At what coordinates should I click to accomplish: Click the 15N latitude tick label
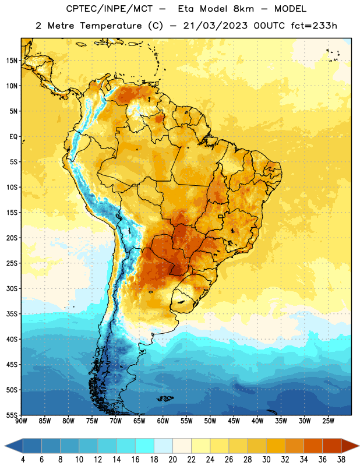[x=12, y=61]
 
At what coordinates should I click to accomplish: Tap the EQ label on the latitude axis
[x=13, y=137]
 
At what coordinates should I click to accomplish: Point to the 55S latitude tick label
[x=12, y=415]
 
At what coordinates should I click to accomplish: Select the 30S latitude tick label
[x=12, y=288]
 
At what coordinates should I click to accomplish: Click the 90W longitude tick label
[x=21, y=421]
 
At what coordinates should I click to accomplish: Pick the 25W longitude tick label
[x=328, y=421]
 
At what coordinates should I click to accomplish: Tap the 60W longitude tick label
[x=163, y=421]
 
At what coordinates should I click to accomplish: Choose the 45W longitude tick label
[x=234, y=421]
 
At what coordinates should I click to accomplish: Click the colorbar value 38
[x=341, y=460]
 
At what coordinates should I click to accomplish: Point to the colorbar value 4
[x=23, y=460]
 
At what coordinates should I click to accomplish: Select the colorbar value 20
[x=172, y=460]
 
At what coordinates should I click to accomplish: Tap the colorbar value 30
[x=266, y=460]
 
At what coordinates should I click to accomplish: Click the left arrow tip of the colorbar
[x=5, y=446]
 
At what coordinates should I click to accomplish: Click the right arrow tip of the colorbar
[x=359, y=446]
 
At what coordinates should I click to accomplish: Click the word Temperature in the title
[x=111, y=26]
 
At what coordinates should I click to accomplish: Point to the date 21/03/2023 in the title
[x=215, y=26]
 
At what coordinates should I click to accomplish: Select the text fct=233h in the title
[x=314, y=26]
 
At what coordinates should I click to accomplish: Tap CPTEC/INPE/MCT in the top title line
[x=110, y=9]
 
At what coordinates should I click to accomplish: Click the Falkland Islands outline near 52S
[x=165, y=398]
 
